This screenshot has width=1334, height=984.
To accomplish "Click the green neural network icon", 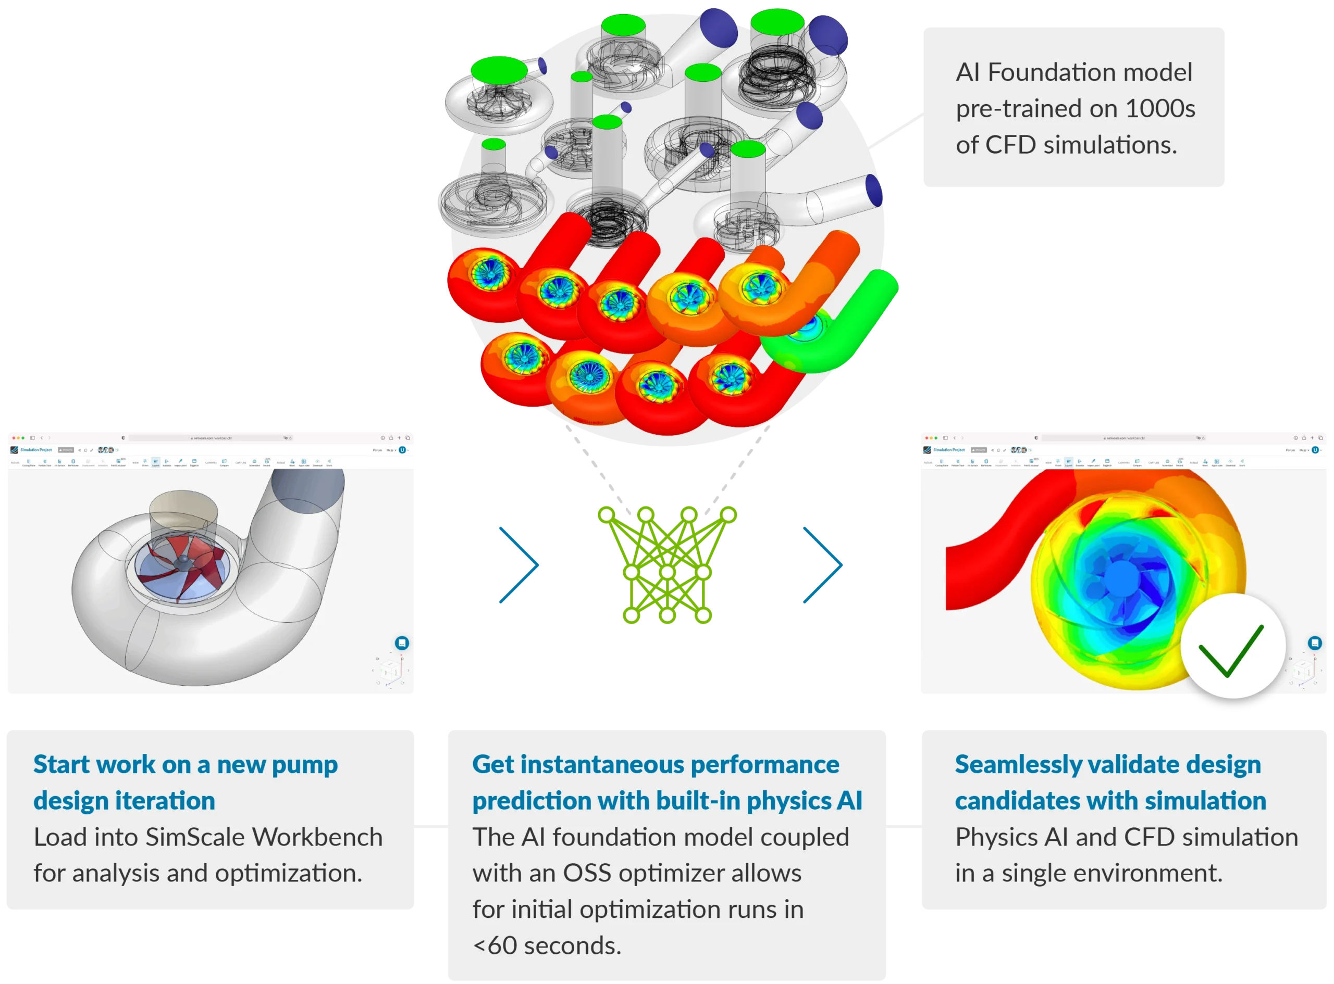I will [x=667, y=565].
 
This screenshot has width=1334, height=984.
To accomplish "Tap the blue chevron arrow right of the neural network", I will [x=824, y=565].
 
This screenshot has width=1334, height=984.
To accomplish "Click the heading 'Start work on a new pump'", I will [x=186, y=765].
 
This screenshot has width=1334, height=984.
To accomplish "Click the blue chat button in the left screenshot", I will [x=402, y=642].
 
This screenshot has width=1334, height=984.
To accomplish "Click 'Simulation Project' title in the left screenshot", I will [x=36, y=450].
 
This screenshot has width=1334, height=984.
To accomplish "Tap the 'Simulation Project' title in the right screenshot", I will [x=949, y=450].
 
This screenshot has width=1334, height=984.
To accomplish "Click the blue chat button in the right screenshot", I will [x=1315, y=642].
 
